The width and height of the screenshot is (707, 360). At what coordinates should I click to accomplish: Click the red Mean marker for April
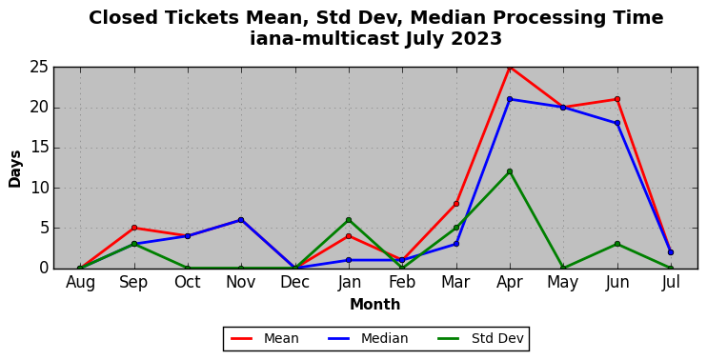coord(510,68)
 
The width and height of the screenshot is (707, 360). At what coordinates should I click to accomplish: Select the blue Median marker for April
coord(510,99)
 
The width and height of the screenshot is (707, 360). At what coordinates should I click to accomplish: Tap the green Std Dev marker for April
coord(510,171)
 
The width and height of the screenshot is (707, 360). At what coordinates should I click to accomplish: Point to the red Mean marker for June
coord(616,99)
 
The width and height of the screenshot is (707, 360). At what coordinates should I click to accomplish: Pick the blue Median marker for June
coord(616,123)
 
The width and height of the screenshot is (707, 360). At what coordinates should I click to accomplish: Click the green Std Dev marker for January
coord(349,220)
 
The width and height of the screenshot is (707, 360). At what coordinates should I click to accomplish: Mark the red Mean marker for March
coord(455,204)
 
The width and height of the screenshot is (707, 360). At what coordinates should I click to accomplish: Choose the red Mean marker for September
coord(134,228)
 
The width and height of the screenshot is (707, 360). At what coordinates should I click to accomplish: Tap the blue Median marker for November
coord(241,220)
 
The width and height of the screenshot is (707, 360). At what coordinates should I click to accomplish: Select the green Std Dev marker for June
coord(616,244)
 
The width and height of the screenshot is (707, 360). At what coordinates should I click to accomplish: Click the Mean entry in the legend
coord(265,338)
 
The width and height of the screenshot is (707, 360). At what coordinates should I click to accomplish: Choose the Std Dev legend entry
coord(480,338)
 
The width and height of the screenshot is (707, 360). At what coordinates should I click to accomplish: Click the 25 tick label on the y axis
coord(39,68)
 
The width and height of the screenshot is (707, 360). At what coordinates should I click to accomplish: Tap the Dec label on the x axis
coord(294,283)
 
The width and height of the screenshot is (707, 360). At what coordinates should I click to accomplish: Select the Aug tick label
coord(80,283)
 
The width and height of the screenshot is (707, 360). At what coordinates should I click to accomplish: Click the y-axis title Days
coord(15,169)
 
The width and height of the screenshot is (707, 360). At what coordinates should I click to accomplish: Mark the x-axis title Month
coord(375,305)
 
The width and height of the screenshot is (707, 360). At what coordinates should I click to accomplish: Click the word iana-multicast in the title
coord(325,38)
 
